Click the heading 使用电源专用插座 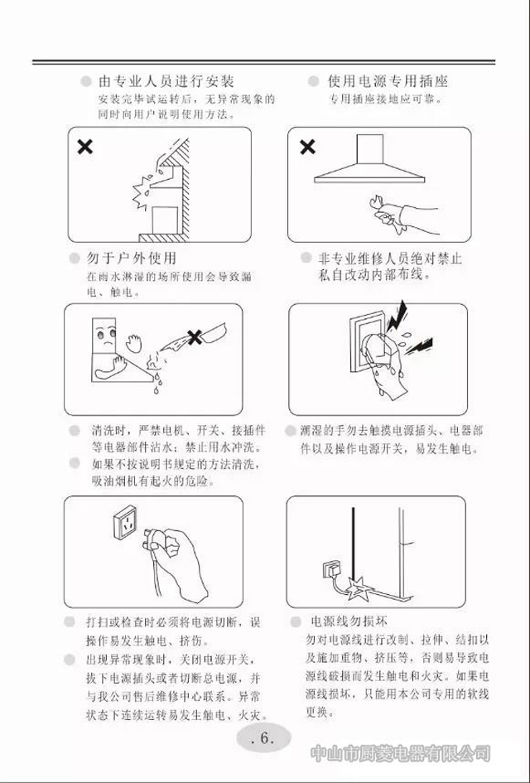point(388,81)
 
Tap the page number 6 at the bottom point(264,738)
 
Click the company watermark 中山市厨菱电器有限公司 point(400,753)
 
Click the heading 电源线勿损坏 point(349,621)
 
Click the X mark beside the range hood point(307,147)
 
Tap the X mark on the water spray point(194,337)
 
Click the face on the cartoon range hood point(106,336)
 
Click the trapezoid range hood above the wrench point(369,159)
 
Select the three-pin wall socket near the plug point(125,522)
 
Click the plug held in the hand point(155,539)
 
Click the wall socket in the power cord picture point(331,568)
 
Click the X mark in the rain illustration point(84,147)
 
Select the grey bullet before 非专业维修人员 point(306,258)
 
